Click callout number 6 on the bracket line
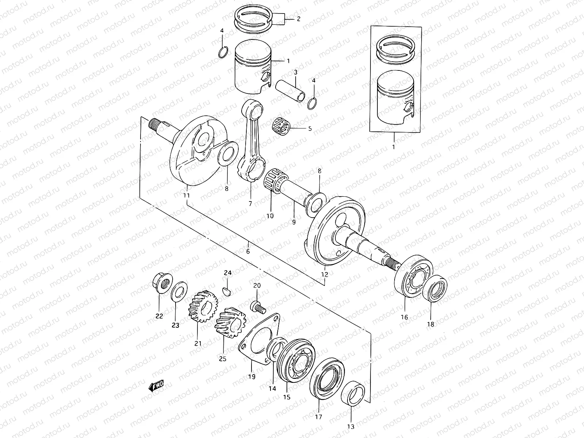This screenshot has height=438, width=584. click(248, 251)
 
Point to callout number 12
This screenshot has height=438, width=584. click(324, 274)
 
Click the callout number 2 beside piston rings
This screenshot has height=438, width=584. click(299, 19)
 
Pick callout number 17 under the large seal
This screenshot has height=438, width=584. click(318, 417)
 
